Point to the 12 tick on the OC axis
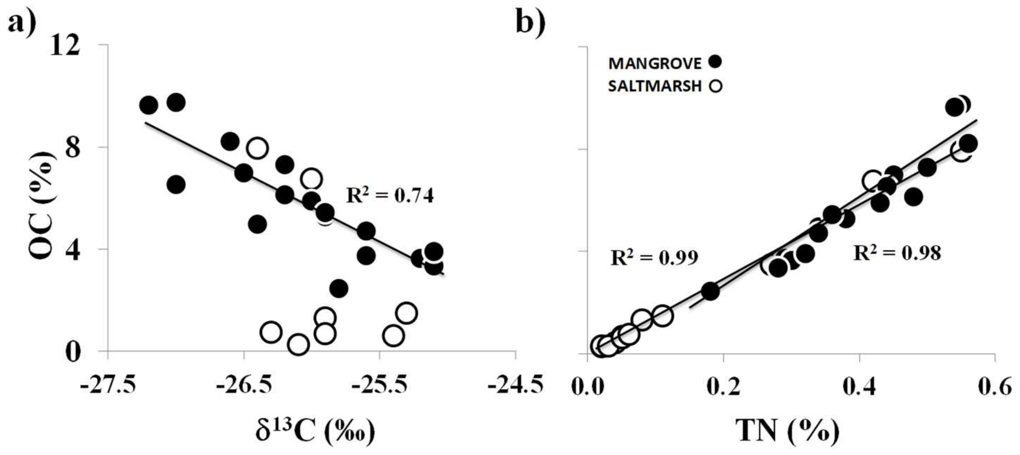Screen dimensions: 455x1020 click(x=65, y=45)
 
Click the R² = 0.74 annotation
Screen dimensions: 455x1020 click(x=390, y=195)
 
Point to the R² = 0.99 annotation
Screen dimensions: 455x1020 click(x=654, y=258)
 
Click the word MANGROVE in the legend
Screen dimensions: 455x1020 click(x=655, y=63)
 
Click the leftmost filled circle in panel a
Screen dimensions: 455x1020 click(x=149, y=105)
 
